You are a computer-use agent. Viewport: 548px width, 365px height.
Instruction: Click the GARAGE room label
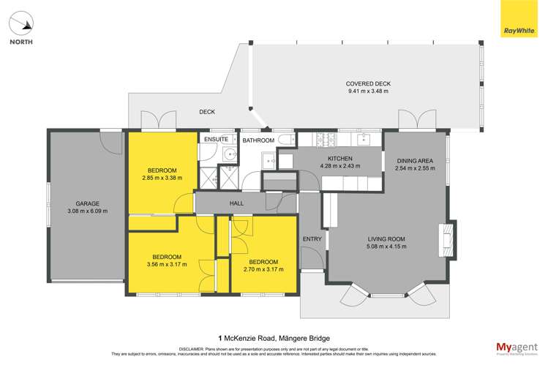click(87, 203)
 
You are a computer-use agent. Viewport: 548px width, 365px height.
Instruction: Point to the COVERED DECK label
click(367, 84)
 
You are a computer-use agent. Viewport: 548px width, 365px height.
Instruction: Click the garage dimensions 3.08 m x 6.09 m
click(87, 211)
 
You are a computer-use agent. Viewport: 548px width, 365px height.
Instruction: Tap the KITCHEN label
click(340, 159)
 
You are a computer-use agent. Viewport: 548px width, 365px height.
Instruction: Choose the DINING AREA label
click(416, 161)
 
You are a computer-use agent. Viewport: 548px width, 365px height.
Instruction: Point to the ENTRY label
click(312, 239)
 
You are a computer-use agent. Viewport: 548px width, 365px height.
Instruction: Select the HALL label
click(236, 203)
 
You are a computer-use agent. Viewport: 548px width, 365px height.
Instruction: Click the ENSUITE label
click(216, 139)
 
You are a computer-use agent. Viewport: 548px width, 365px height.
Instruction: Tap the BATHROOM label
click(258, 140)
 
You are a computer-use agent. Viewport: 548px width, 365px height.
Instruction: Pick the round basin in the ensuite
click(230, 154)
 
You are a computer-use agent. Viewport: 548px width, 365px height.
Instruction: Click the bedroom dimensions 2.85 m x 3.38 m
click(162, 178)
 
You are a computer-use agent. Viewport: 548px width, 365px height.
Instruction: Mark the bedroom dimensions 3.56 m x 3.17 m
click(168, 265)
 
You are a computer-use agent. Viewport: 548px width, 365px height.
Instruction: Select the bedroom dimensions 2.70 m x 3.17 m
click(263, 270)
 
